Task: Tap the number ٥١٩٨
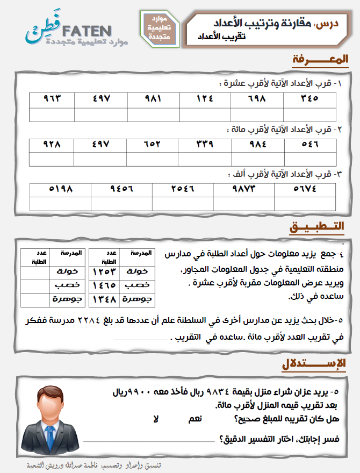[x=60, y=189]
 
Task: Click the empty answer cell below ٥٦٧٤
[x=305, y=203]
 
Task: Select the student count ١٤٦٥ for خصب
[x=104, y=285]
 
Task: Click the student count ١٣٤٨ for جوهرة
[x=104, y=299]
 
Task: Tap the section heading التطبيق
[x=317, y=227]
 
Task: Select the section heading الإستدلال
[x=314, y=364]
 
